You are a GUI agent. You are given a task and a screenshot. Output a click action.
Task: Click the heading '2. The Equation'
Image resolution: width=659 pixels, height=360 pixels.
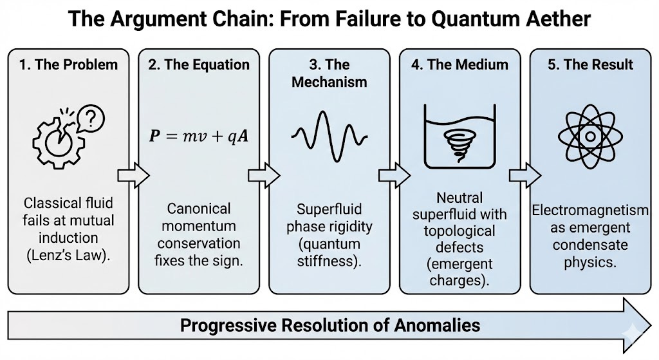pos(199,64)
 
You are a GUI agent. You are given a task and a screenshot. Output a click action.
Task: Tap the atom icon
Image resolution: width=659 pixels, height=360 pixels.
pos(590,136)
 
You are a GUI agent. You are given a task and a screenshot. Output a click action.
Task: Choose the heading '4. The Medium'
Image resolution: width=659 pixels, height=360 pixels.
pos(459,64)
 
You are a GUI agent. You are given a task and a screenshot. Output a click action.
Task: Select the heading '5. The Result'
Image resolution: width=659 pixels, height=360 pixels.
pos(590,64)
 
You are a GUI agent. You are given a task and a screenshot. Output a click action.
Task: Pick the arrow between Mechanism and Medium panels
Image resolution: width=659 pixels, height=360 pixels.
pos(394,175)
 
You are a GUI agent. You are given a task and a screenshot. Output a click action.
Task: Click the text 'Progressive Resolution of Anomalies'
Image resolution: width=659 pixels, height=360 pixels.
pos(329,325)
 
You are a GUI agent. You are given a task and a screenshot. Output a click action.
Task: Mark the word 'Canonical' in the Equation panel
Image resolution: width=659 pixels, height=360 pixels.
pos(198,209)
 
